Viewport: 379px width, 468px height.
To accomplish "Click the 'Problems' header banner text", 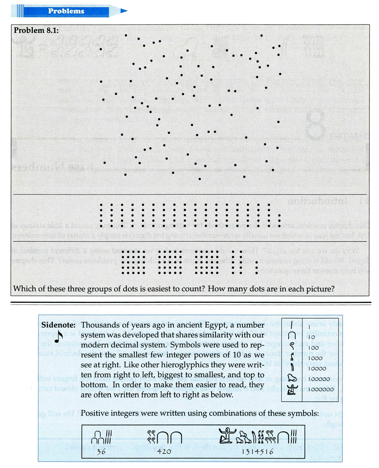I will [66, 11].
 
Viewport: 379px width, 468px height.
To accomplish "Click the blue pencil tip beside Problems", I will [124, 11].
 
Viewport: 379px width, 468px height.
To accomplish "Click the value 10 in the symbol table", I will [311, 337].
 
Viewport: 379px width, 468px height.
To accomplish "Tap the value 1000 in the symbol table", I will [313, 358].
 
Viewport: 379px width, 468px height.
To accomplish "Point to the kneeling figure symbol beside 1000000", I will [293, 391].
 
